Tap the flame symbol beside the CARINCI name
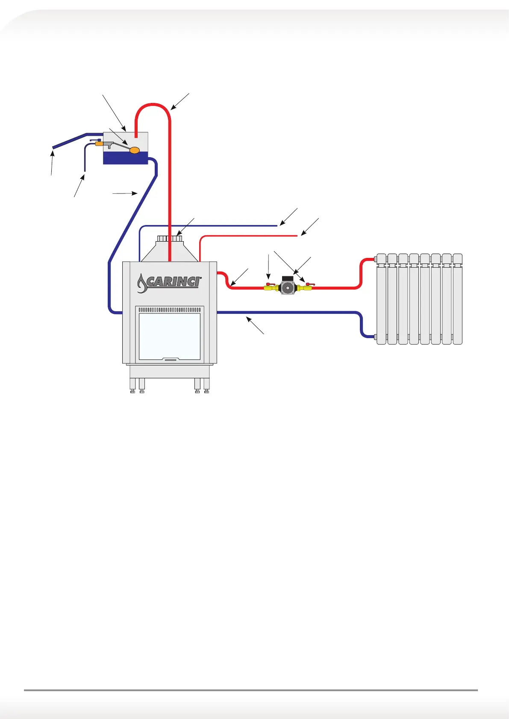[141, 284]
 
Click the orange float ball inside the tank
[135, 149]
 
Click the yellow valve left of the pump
[270, 288]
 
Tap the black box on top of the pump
[287, 278]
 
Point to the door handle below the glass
[170, 359]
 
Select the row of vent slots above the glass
[170, 310]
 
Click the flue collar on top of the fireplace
[170, 238]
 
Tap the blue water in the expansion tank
[125, 158]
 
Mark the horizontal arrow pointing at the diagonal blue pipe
[124, 193]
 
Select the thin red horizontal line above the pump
[248, 235]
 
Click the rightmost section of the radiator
[457, 299]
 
